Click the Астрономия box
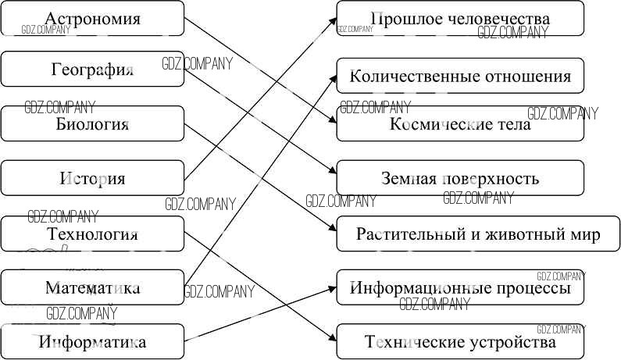(92, 18)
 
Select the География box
(92, 70)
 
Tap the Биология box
(92, 123)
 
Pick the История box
(92, 178)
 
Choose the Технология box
(92, 233)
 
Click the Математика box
(92, 287)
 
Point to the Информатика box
(92, 341)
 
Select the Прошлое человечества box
(460, 18)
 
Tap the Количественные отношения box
(460, 76)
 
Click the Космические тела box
(460, 123)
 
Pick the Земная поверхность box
(460, 178)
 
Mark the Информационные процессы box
(460, 287)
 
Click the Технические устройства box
(460, 341)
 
